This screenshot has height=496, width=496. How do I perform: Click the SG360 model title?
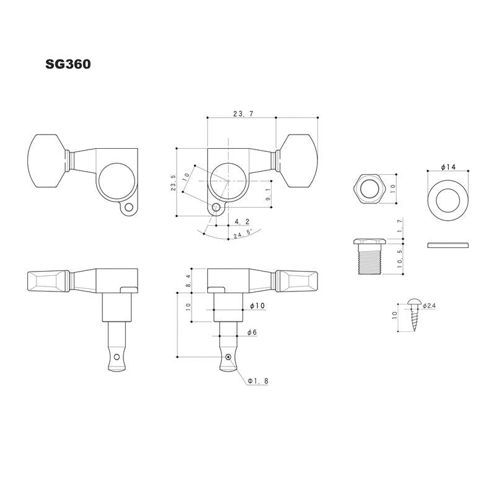point(68,64)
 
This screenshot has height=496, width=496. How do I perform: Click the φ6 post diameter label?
point(252,334)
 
